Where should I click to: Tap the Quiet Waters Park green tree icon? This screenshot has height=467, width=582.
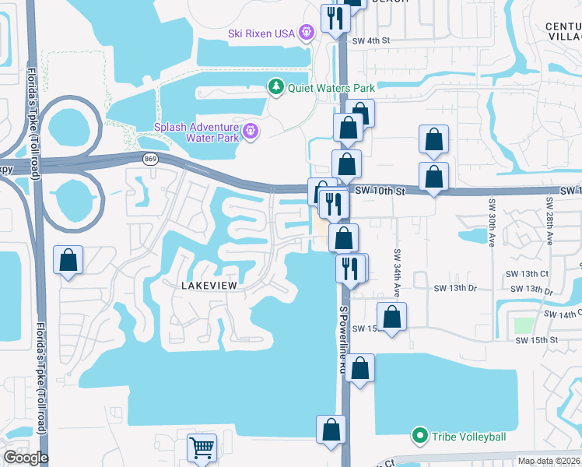coord(275,87)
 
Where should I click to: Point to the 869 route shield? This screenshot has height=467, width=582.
coord(151,159)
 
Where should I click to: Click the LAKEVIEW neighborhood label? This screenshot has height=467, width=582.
coord(208,286)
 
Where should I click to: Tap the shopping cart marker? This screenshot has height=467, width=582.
coord(202,448)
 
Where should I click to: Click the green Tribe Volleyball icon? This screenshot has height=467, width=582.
coord(420,435)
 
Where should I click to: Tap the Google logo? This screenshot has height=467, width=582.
coord(26,458)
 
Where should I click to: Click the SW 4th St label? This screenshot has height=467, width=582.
coord(370,40)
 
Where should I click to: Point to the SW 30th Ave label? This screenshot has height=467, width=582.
coord(493,223)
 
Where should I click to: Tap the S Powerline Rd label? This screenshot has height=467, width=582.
coord(342,339)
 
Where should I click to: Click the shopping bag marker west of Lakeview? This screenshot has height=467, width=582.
coord(68,260)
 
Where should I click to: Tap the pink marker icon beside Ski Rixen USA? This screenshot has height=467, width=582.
coord(307,32)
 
